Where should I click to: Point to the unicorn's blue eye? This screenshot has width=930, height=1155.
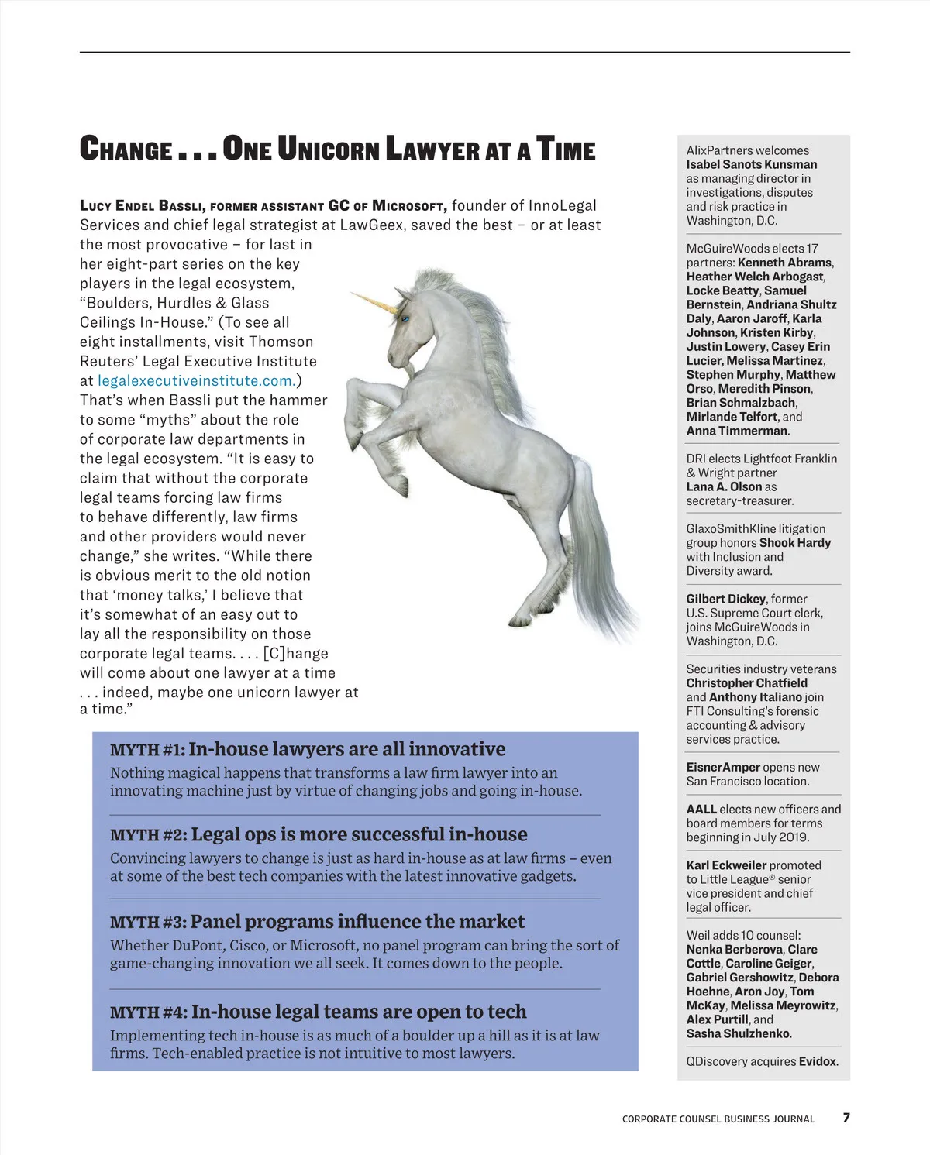click(405, 316)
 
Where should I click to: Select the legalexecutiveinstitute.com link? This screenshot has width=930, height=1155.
click(195, 380)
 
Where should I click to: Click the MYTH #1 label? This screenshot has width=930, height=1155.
click(147, 750)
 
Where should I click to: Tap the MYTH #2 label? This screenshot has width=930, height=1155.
click(148, 835)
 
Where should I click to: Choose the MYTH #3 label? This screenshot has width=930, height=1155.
click(148, 923)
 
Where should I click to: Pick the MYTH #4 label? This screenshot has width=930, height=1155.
click(148, 1012)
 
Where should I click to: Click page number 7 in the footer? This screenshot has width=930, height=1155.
click(846, 1117)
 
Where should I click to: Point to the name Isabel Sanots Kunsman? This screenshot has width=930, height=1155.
click(751, 164)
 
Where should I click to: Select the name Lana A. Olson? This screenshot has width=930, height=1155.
click(724, 486)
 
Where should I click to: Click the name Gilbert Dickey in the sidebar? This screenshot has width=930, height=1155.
click(726, 599)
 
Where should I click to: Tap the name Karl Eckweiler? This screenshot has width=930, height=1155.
click(726, 865)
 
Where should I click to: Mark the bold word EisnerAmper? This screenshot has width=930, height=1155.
click(723, 767)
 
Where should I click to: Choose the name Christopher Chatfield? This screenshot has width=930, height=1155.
click(746, 682)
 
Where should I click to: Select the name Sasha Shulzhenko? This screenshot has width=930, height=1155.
click(738, 1033)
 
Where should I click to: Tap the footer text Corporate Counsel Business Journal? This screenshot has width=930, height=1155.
click(718, 1119)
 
